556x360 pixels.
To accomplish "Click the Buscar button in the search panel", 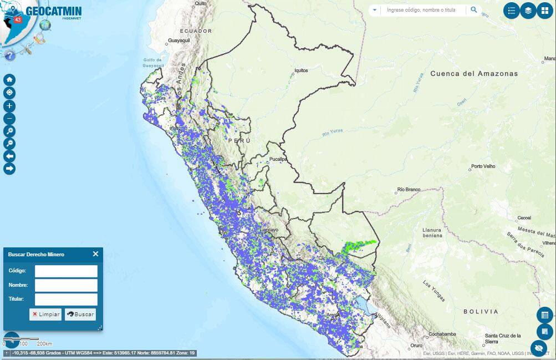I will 80,314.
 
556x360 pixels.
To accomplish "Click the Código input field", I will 66,271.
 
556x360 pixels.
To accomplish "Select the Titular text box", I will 66,300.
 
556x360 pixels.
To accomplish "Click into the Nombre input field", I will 66,285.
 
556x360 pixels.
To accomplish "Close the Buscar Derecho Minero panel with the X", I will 95,254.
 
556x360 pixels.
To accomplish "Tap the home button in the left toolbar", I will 9,80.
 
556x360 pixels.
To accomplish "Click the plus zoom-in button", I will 9,105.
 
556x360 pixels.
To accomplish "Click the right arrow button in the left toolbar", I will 9,168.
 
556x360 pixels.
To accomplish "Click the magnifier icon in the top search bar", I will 474,10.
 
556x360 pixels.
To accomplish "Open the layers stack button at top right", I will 528,11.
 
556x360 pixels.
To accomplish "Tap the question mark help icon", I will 9,55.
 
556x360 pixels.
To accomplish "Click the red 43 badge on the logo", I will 18,19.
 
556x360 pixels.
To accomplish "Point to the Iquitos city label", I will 301,70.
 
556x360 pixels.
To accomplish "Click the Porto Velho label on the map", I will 482,166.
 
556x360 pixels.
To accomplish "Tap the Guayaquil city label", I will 178,41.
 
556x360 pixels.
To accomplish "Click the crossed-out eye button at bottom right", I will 544,348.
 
